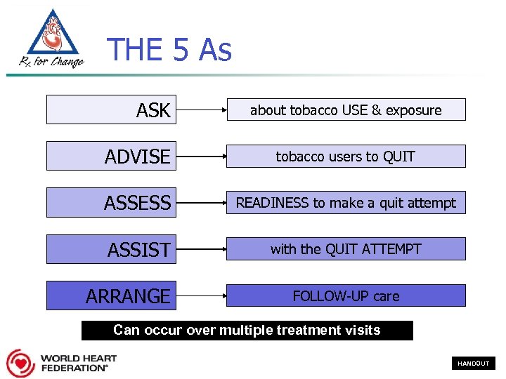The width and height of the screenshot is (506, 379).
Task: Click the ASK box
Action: point(111,110)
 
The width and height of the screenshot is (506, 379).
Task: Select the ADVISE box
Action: point(111,157)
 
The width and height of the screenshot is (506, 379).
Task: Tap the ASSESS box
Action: point(111,203)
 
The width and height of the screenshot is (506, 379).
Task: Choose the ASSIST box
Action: point(111,249)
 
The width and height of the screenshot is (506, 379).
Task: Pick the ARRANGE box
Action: point(111,295)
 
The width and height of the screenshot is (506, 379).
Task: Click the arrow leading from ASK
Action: point(202,110)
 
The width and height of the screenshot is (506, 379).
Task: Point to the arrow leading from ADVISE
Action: point(202,157)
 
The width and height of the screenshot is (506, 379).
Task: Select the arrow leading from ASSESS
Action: point(202,203)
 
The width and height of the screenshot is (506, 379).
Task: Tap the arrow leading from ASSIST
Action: point(202,249)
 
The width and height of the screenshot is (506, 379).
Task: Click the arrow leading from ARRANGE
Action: point(202,295)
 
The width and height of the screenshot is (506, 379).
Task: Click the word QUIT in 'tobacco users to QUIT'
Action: point(398,157)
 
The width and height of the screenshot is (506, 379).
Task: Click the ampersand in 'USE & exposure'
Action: point(377,110)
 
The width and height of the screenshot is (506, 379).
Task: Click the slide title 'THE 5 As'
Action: point(169,51)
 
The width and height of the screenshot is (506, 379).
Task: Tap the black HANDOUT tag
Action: point(473,364)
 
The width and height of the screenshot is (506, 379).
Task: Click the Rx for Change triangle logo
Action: point(51,39)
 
